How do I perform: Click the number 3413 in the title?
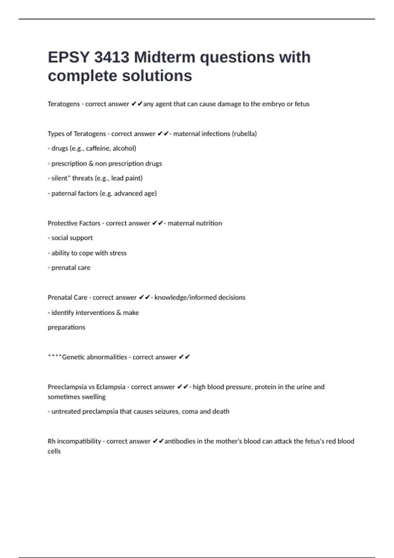coord(112,57)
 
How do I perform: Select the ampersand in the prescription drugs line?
coord(91,163)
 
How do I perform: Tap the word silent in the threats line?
coord(59,178)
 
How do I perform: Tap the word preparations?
coord(66,327)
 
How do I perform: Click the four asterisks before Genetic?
coord(55,356)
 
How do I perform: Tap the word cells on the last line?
coord(54,451)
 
